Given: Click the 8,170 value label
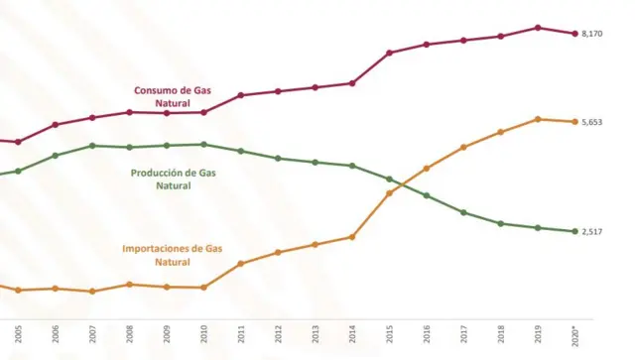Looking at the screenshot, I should [x=592, y=34].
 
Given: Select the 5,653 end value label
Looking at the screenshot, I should [x=592, y=122].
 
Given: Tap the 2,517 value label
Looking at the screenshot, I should [x=592, y=232].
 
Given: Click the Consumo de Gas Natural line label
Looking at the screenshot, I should [x=173, y=96].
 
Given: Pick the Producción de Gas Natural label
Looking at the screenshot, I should [x=173, y=179].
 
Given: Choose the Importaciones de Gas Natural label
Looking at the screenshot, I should [x=172, y=255].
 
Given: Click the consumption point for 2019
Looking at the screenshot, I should [x=538, y=28].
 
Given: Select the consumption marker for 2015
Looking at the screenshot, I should [x=390, y=53].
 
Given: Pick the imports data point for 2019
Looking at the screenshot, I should [x=538, y=120].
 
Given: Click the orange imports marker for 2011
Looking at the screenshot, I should [x=241, y=264].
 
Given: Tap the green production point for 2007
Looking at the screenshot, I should [x=92, y=146].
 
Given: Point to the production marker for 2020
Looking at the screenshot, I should [x=575, y=232].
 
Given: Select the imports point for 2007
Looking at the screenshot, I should [x=92, y=292].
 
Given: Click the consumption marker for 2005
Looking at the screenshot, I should [x=18, y=142].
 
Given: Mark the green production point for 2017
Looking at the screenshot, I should [x=463, y=213].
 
